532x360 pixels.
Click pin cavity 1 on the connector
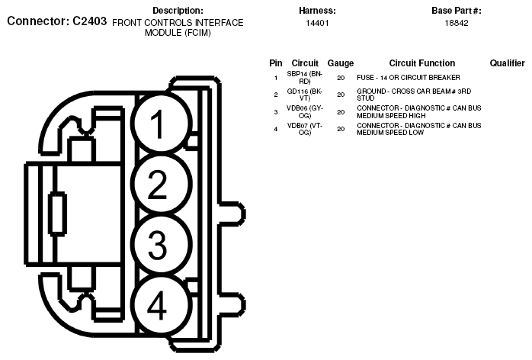(x=158, y=125)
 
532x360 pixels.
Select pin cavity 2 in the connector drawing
(x=158, y=185)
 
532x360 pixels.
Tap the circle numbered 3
(x=158, y=245)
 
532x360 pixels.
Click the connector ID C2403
(x=85, y=21)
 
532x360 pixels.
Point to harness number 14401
(x=317, y=24)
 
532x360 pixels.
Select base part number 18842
(x=456, y=24)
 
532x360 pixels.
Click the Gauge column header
(x=340, y=63)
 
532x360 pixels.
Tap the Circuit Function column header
(x=421, y=63)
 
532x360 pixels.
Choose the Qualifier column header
(x=507, y=63)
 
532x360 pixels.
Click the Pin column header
(x=276, y=63)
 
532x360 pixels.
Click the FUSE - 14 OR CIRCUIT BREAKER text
(x=408, y=78)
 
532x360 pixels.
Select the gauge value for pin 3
(x=340, y=112)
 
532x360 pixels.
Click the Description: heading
(x=178, y=11)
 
